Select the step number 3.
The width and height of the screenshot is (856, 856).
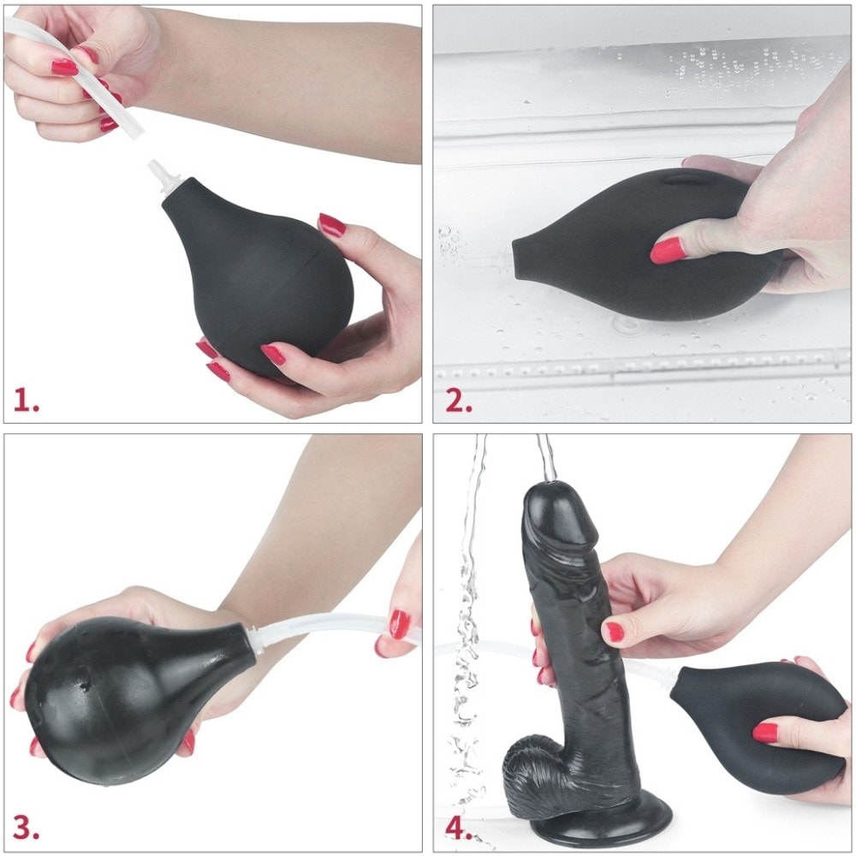coord(26,827)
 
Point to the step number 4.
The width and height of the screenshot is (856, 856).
coord(459,828)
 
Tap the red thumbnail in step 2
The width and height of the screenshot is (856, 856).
coord(667,250)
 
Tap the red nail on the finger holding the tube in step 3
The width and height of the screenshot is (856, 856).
coord(400,624)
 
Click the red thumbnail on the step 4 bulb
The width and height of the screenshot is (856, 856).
coord(764,733)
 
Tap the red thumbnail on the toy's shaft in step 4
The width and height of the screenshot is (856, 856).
coord(614,632)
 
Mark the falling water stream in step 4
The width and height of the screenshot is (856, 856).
coord(467,627)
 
